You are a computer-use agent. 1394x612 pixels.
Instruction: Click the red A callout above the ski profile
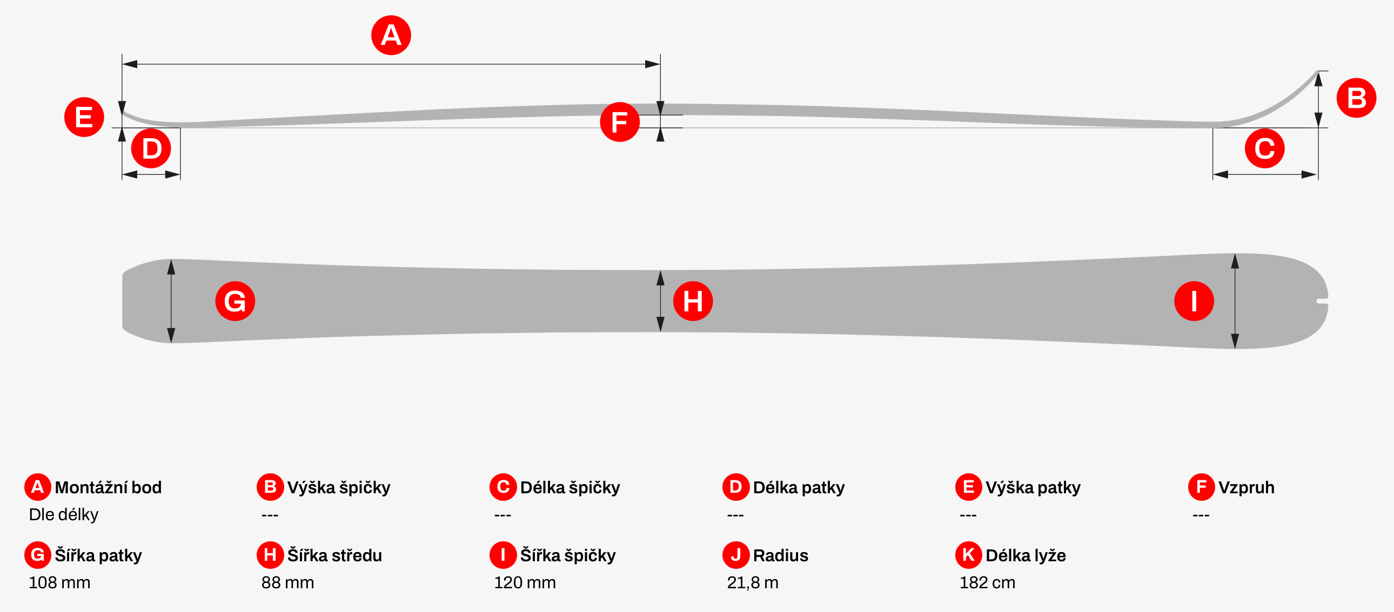pyautogui.click(x=391, y=35)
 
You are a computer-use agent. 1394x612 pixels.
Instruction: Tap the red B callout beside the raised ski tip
pyautogui.click(x=1356, y=98)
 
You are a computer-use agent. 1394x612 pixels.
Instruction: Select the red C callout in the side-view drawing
pyautogui.click(x=1265, y=148)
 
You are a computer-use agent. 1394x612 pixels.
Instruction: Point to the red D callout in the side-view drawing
pyautogui.click(x=151, y=148)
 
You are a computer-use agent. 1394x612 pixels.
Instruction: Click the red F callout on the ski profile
pyautogui.click(x=620, y=121)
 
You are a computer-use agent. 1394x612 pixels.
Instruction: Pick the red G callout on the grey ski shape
pyautogui.click(x=235, y=301)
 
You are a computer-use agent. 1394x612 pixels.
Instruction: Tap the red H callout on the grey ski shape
pyautogui.click(x=693, y=301)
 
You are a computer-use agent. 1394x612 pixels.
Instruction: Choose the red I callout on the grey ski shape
pyautogui.click(x=1194, y=301)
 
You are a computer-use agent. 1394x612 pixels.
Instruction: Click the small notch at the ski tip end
pyautogui.click(x=1323, y=301)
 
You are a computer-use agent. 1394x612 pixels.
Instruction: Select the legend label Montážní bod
pyautogui.click(x=108, y=487)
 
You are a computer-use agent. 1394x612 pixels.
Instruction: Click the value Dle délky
pyautogui.click(x=63, y=514)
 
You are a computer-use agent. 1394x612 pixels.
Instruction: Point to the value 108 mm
pyautogui.click(x=59, y=582)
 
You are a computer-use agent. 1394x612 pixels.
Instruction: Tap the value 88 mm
pyautogui.click(x=287, y=582)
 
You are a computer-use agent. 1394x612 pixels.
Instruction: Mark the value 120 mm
pyautogui.click(x=525, y=582)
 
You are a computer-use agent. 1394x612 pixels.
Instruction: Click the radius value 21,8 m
pyautogui.click(x=753, y=582)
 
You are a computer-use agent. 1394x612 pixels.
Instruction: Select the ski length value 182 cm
pyautogui.click(x=987, y=582)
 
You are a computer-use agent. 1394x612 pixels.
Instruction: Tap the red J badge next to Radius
pyautogui.click(x=736, y=555)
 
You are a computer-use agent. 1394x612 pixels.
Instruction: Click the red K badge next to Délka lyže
pyautogui.click(x=969, y=555)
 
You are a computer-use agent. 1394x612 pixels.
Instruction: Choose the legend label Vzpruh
pyautogui.click(x=1246, y=487)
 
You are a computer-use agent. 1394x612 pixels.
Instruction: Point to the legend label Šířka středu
pyautogui.click(x=334, y=555)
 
